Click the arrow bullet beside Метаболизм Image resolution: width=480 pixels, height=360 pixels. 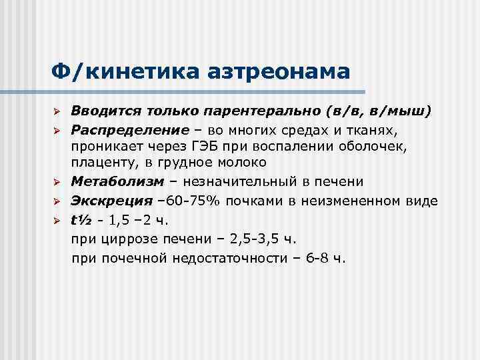click(57, 182)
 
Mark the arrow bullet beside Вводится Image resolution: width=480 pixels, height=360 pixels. click(57, 110)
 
